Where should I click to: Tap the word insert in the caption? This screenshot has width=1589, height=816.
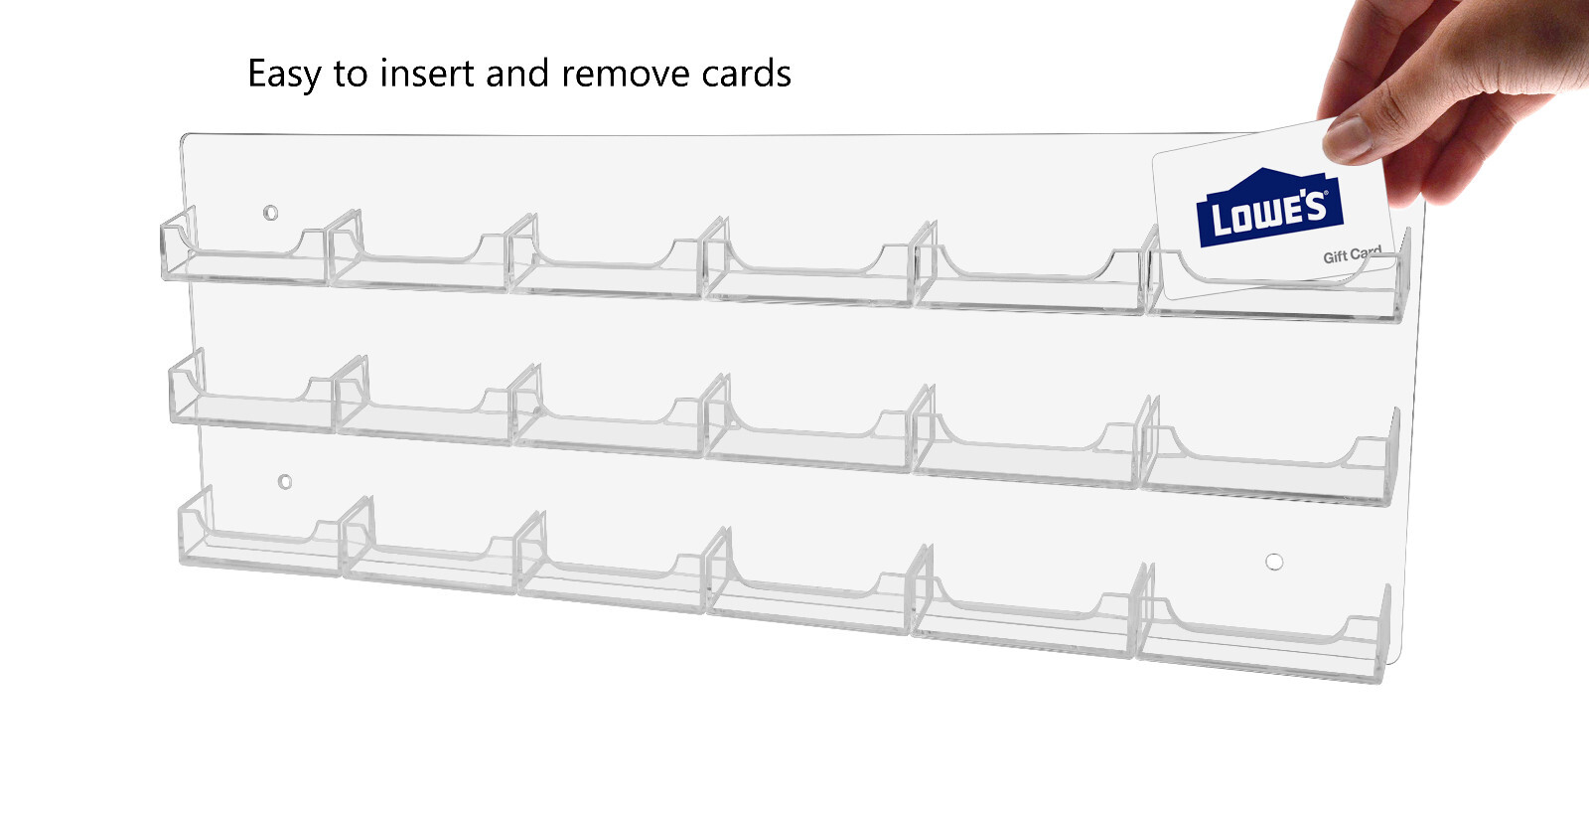click(426, 74)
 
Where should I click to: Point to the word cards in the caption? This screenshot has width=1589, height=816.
click(746, 74)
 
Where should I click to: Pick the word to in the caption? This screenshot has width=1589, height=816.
click(351, 74)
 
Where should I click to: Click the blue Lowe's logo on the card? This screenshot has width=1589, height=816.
click(1268, 208)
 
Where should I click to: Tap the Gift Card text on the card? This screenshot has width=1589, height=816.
click(1352, 255)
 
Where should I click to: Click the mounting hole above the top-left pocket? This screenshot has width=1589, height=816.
click(270, 213)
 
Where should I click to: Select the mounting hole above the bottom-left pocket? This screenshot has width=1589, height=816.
click(285, 482)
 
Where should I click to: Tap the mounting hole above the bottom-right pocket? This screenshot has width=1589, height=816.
click(1274, 563)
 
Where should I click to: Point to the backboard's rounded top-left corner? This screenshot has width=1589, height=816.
click(185, 138)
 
